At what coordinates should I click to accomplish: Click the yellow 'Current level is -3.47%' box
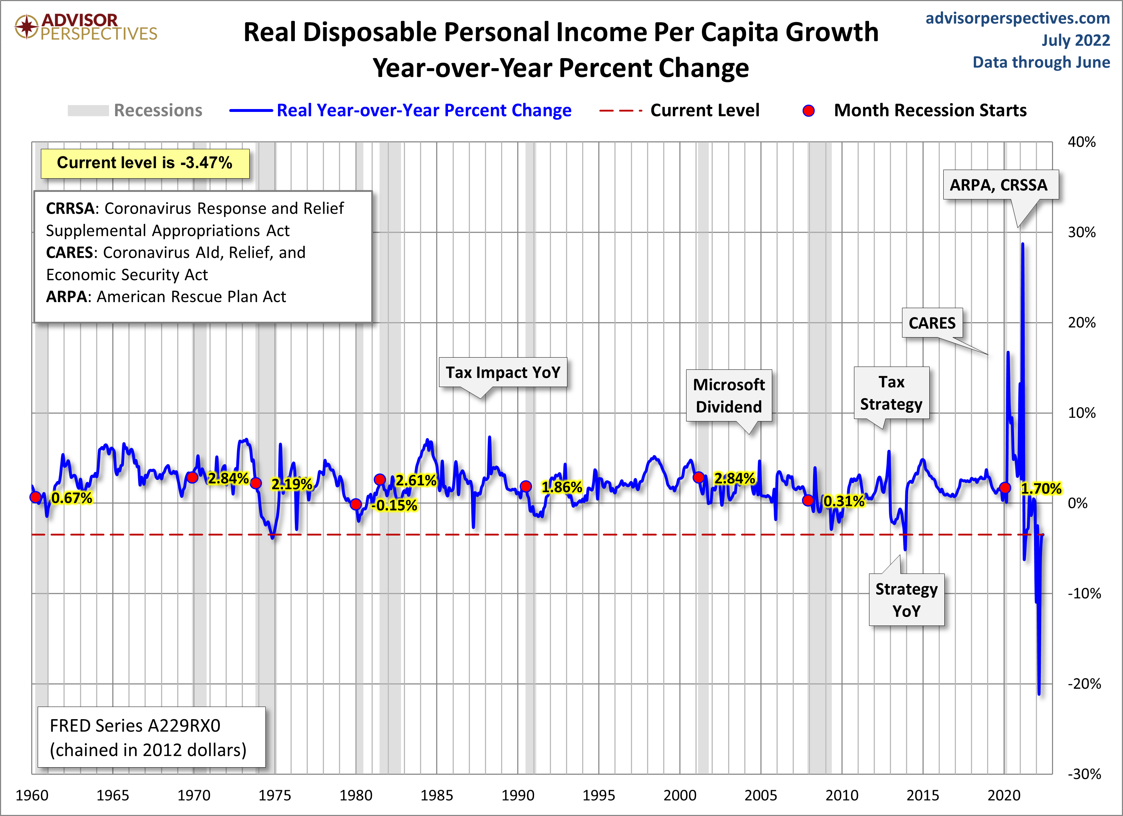coord(145,163)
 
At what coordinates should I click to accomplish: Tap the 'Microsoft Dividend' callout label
coord(728,395)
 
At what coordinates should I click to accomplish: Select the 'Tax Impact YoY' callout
coord(502,372)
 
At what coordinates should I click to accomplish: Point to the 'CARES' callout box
coord(932,323)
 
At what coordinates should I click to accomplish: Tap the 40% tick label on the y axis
coord(1081,142)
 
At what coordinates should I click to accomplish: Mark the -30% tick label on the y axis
coord(1084,774)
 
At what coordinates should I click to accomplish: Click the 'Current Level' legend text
coord(704,110)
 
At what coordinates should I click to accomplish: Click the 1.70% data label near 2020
coord(1041,489)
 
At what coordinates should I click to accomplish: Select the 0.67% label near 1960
coord(72,497)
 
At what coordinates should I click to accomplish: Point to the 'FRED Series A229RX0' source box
coord(151,737)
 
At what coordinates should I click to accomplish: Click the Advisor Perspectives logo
coord(85,27)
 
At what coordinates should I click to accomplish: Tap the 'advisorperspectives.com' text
coord(1017,18)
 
